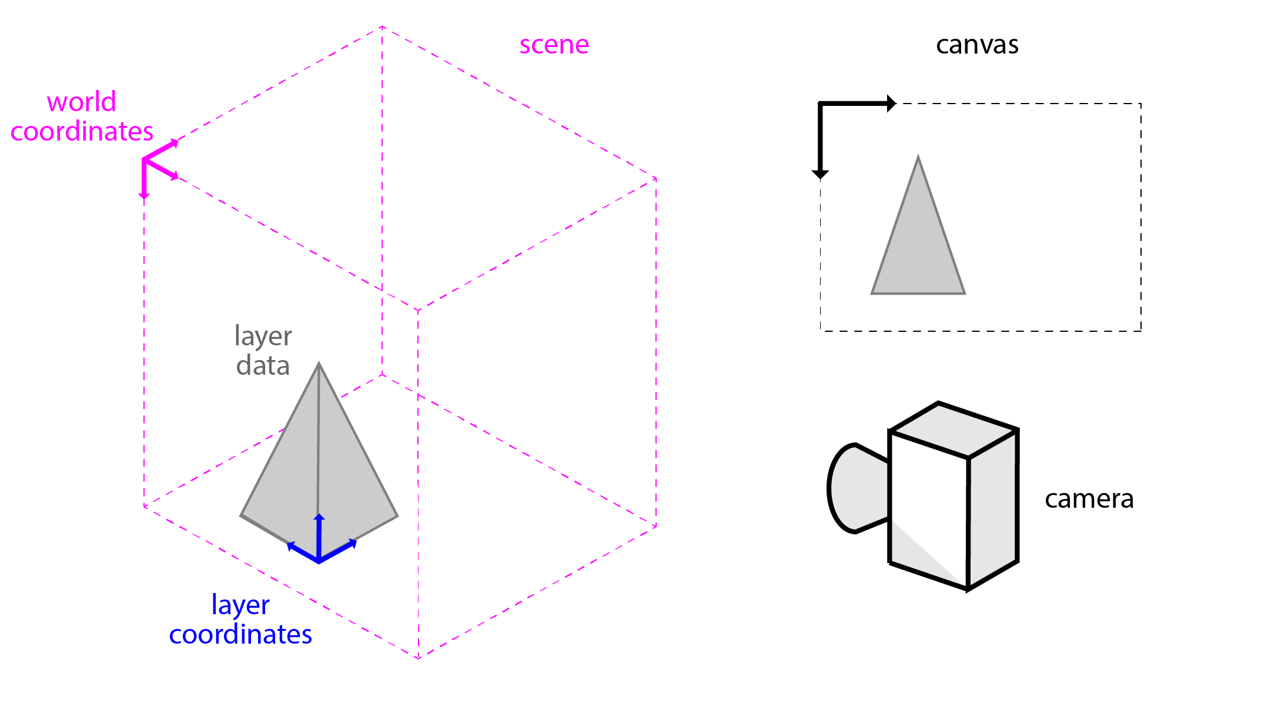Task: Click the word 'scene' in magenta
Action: [554, 45]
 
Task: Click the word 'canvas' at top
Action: [977, 45]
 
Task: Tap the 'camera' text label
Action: [1089, 499]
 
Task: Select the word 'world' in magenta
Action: [82, 102]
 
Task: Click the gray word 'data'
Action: [263, 365]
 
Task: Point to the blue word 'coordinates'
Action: [240, 634]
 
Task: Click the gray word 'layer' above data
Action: [263, 336]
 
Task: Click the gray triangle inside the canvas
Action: [918, 253]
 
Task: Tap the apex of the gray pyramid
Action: [319, 364]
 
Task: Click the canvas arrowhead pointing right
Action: [891, 104]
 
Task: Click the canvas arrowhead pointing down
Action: [820, 174]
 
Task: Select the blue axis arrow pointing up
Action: [319, 518]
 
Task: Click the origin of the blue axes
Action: [319, 561]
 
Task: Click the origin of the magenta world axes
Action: [144, 159]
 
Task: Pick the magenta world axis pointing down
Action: [144, 194]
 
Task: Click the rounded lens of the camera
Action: [855, 488]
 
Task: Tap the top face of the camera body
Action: [954, 430]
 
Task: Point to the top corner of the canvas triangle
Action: [918, 158]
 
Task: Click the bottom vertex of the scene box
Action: [419, 658]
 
